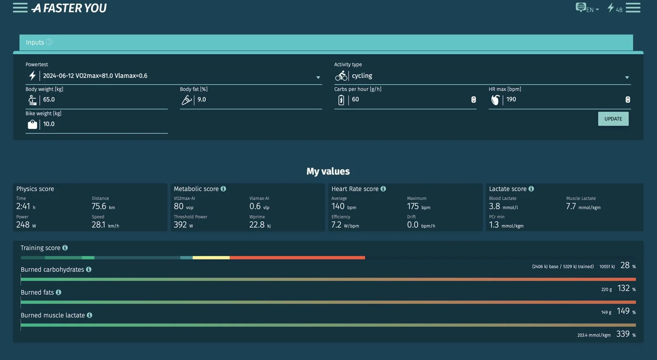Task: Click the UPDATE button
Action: click(x=613, y=119)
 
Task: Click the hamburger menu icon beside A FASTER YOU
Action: click(x=20, y=8)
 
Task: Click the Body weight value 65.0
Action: click(x=49, y=100)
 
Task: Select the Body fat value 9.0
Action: click(x=202, y=100)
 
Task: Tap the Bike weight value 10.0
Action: click(x=49, y=124)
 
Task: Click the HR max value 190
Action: click(x=511, y=99)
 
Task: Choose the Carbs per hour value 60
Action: click(x=356, y=99)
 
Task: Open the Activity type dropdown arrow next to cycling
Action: click(x=627, y=78)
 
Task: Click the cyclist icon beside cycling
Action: click(x=341, y=76)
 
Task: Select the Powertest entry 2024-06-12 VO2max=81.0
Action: click(x=95, y=76)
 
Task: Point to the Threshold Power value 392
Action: click(x=180, y=225)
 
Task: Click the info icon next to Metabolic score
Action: click(x=223, y=189)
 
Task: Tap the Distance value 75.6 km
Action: click(x=99, y=206)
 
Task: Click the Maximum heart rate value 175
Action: click(x=413, y=206)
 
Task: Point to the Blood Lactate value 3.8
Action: click(x=494, y=206)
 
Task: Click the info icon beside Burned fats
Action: click(x=59, y=292)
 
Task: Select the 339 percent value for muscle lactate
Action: click(x=623, y=334)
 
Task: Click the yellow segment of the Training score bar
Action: click(x=211, y=258)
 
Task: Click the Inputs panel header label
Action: click(x=35, y=43)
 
